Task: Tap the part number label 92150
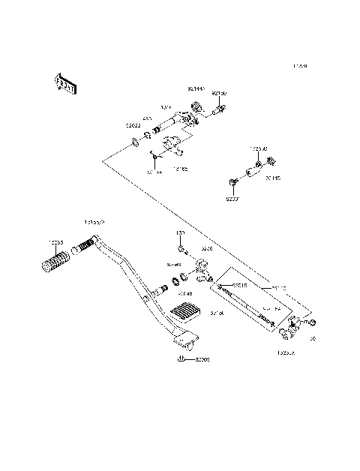tap(218, 94)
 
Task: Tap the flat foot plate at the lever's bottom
tap(184, 341)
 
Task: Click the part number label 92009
tap(202, 361)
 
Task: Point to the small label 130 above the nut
tap(180, 233)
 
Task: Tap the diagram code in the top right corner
tap(300, 66)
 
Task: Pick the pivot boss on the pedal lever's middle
tap(158, 289)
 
